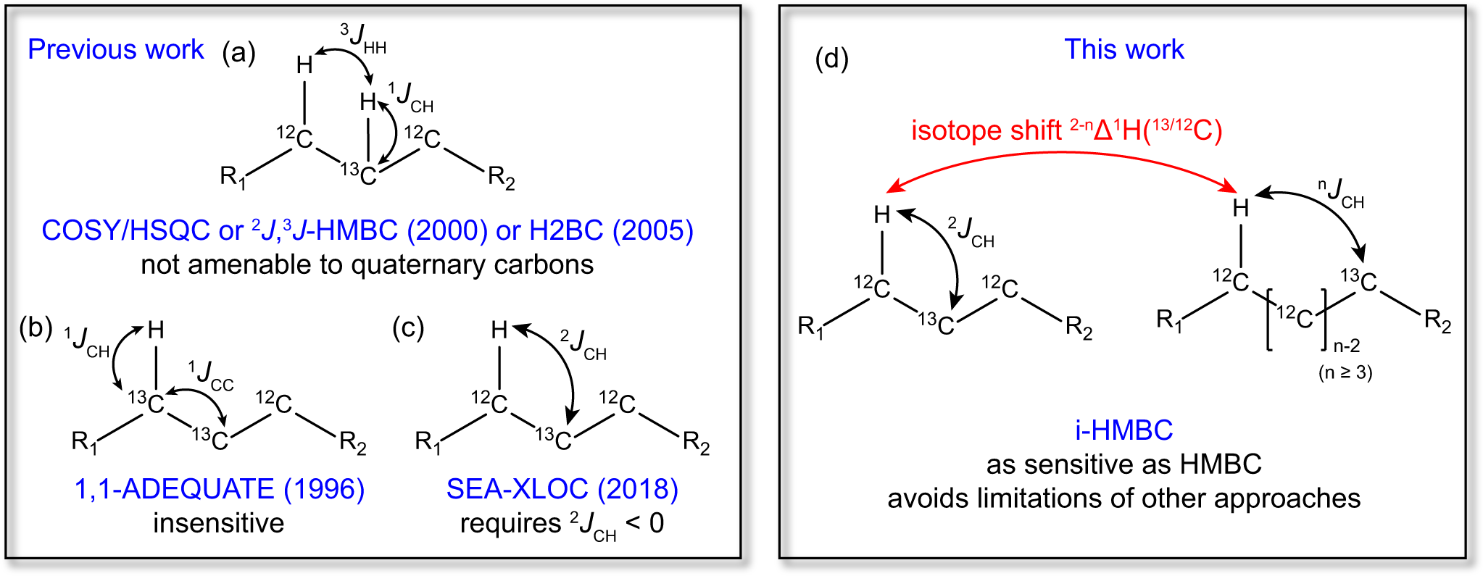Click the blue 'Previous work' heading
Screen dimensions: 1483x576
(116, 49)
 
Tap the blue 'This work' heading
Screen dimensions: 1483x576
(1123, 49)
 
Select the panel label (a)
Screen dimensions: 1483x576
(238, 52)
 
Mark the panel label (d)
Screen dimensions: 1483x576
(831, 58)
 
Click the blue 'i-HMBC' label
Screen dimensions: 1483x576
(1123, 430)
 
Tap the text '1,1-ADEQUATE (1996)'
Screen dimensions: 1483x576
(219, 489)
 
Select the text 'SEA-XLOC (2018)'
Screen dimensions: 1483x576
(562, 489)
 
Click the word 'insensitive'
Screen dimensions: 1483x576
(218, 523)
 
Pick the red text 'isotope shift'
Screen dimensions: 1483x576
(986, 130)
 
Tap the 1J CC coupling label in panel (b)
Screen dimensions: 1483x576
(211, 375)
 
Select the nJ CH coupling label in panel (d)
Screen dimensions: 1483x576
(1341, 194)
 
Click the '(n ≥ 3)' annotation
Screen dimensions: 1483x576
(1345, 372)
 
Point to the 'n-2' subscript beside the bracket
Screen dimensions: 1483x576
(1346, 346)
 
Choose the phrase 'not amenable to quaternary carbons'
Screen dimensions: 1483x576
(367, 264)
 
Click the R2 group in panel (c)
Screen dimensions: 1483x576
(696, 442)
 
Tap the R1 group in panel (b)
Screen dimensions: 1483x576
(84, 442)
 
